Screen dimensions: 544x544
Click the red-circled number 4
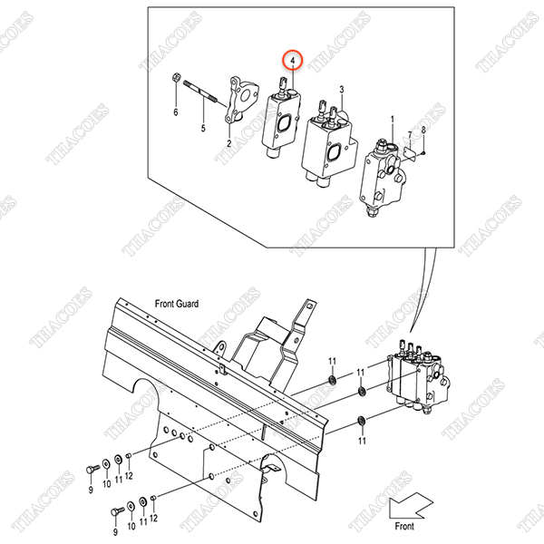(x=293, y=61)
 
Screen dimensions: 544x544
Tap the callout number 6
(x=176, y=112)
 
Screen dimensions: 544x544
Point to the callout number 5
(x=203, y=129)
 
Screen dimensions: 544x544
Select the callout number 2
(x=229, y=143)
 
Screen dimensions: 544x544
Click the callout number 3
(x=342, y=90)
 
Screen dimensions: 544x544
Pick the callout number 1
(x=393, y=120)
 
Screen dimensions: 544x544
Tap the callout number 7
(x=410, y=135)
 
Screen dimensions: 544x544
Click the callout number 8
(x=423, y=130)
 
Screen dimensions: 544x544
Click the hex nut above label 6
(x=176, y=77)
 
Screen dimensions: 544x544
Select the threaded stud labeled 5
(x=201, y=92)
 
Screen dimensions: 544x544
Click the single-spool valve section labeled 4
(x=281, y=118)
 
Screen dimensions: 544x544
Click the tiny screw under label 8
(x=423, y=152)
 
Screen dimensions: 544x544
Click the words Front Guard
(x=177, y=304)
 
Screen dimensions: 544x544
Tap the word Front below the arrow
(x=404, y=526)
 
